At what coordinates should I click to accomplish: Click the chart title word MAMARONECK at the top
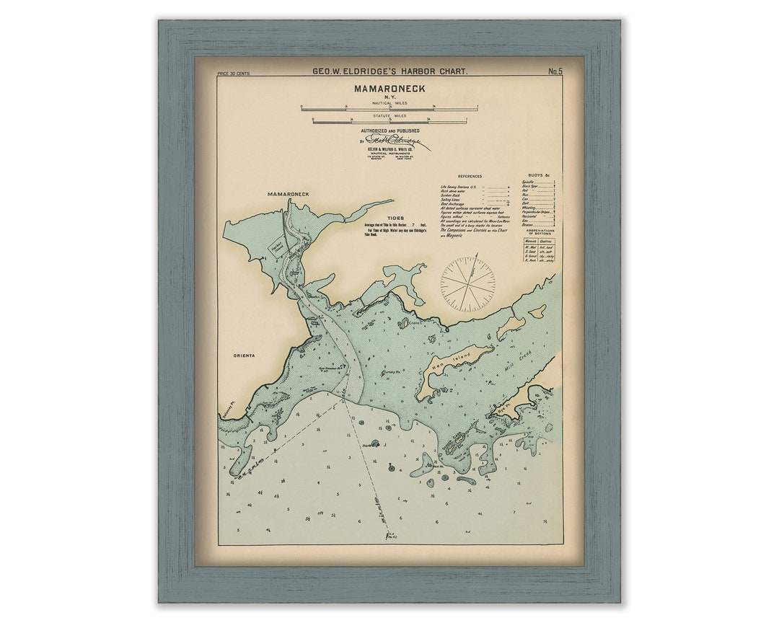click(x=389, y=89)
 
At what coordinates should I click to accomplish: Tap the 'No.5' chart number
click(x=555, y=71)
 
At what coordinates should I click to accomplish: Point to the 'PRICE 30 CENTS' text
click(x=233, y=74)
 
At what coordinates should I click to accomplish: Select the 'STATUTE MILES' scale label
click(x=389, y=115)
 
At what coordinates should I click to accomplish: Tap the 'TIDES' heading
click(x=395, y=218)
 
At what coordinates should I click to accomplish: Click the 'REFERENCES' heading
click(x=470, y=176)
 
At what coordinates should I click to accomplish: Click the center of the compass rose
click(x=469, y=283)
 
